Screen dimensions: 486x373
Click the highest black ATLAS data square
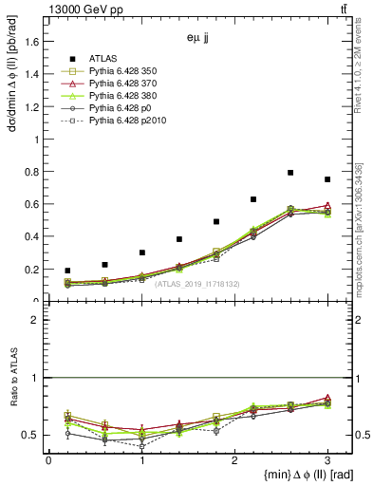click(x=290, y=173)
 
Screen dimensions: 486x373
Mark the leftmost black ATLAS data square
click(x=67, y=271)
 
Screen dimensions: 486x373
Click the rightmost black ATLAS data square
click(x=327, y=179)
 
